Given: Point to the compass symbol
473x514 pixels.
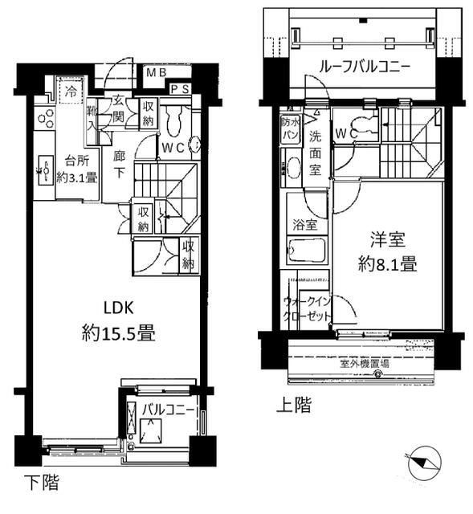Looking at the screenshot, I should click(x=424, y=463).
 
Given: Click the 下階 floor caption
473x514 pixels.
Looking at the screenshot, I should click(x=40, y=484).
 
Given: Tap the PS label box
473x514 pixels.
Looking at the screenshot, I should click(x=181, y=89).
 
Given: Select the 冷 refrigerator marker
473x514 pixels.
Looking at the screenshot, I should click(x=71, y=91).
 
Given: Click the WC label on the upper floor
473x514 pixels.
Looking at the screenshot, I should click(x=346, y=133).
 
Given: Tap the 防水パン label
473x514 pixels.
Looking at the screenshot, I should click(x=289, y=128).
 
